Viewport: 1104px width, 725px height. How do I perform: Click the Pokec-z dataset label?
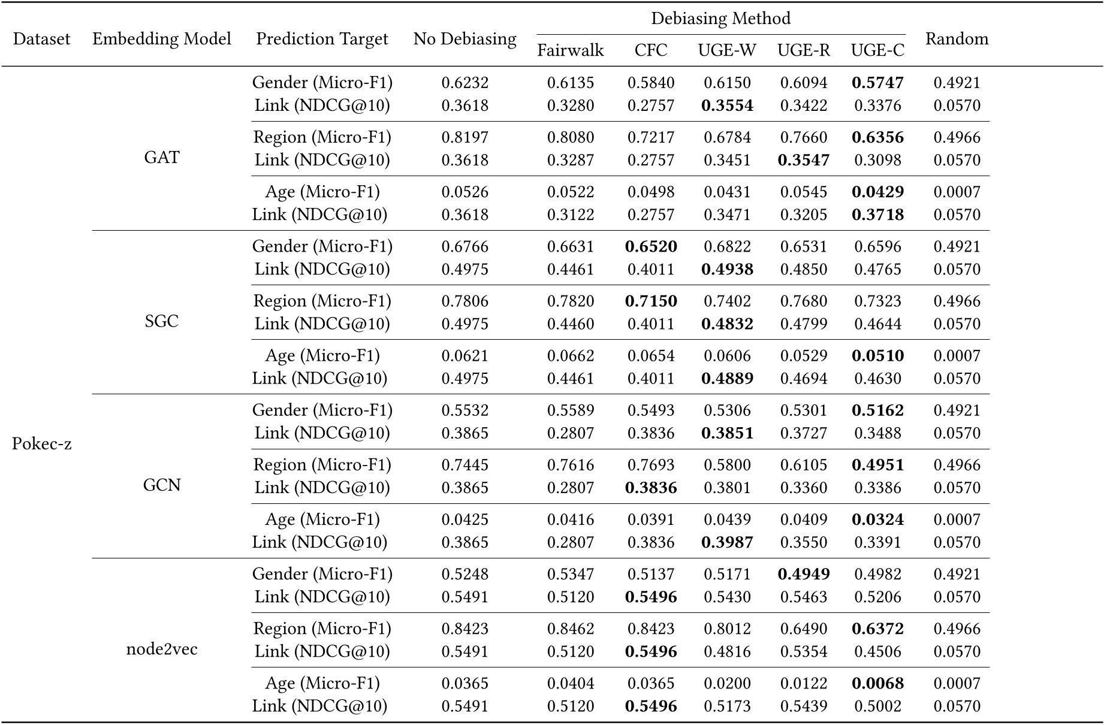[41, 444]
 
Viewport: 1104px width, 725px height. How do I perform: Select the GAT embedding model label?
[162, 158]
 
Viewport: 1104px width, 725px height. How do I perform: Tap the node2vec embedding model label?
[162, 650]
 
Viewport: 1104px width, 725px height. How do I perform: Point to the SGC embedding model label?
[162, 321]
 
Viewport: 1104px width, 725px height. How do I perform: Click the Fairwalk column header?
[570, 50]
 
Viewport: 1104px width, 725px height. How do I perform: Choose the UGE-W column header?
[727, 50]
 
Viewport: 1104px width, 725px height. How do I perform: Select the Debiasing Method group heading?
[720, 19]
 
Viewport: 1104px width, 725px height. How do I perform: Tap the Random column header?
[957, 39]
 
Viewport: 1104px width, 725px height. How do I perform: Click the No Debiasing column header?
[464, 39]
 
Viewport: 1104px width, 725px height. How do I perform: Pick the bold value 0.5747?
[877, 83]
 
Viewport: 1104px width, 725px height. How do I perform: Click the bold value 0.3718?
[877, 215]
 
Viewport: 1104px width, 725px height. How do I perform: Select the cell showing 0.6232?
[465, 83]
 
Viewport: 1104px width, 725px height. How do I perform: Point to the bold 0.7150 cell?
[651, 301]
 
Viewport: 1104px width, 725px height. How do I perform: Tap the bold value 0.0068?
[877, 683]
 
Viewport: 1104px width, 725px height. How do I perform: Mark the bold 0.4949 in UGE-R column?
[804, 574]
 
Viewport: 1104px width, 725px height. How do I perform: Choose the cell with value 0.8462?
[571, 629]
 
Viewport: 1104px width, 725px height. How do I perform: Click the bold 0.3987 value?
[727, 542]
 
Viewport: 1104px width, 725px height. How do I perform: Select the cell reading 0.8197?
[465, 137]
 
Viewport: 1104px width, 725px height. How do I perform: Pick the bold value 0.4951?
[877, 465]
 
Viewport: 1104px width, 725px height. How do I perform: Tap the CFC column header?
[651, 50]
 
